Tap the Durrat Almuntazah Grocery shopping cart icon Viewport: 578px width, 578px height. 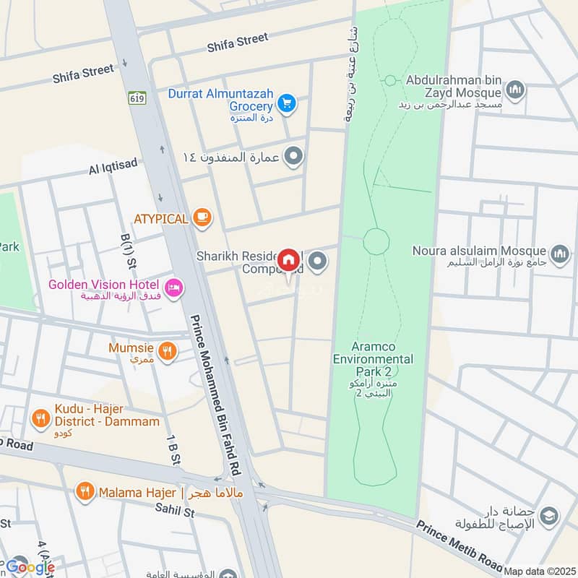click(x=287, y=104)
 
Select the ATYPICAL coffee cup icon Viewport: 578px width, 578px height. click(x=202, y=217)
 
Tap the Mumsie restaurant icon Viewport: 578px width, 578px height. click(x=168, y=351)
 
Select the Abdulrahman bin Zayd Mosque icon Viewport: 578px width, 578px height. click(x=514, y=90)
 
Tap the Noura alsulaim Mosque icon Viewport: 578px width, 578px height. click(x=559, y=254)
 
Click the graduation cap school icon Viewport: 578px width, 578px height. click(x=548, y=514)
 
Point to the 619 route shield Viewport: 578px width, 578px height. click(x=135, y=97)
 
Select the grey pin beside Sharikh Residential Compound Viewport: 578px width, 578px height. click(x=317, y=261)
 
